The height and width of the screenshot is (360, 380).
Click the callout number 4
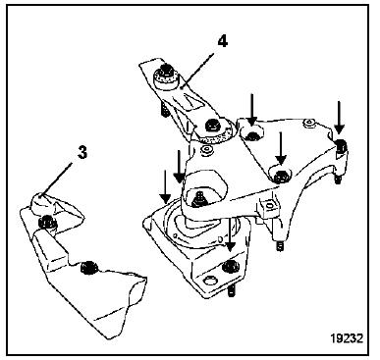pyautogui.click(x=223, y=41)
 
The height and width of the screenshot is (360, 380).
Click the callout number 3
pyautogui.click(x=82, y=153)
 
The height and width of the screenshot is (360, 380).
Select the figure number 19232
pyautogui.click(x=347, y=338)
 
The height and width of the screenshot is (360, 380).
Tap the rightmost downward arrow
pyautogui.click(x=339, y=118)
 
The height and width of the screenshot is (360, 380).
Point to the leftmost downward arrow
pyautogui.click(x=165, y=186)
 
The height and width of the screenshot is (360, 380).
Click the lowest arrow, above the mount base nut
pyautogui.click(x=231, y=235)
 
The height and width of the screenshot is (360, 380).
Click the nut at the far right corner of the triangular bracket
pyautogui.click(x=342, y=145)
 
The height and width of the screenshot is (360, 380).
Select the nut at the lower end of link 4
pyautogui.click(x=210, y=125)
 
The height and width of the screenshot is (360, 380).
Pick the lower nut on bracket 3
pyautogui.click(x=88, y=267)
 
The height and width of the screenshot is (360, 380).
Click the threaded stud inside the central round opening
pyautogui.click(x=198, y=199)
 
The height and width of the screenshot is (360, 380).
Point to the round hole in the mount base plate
pyautogui.click(x=209, y=281)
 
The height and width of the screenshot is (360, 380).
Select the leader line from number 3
pyautogui.click(x=56, y=180)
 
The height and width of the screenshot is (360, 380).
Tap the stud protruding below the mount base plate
pyautogui.click(x=232, y=290)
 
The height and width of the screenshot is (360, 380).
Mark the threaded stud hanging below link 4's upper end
pyautogui.click(x=164, y=110)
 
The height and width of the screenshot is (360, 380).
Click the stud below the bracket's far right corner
pyautogui.click(x=338, y=180)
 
